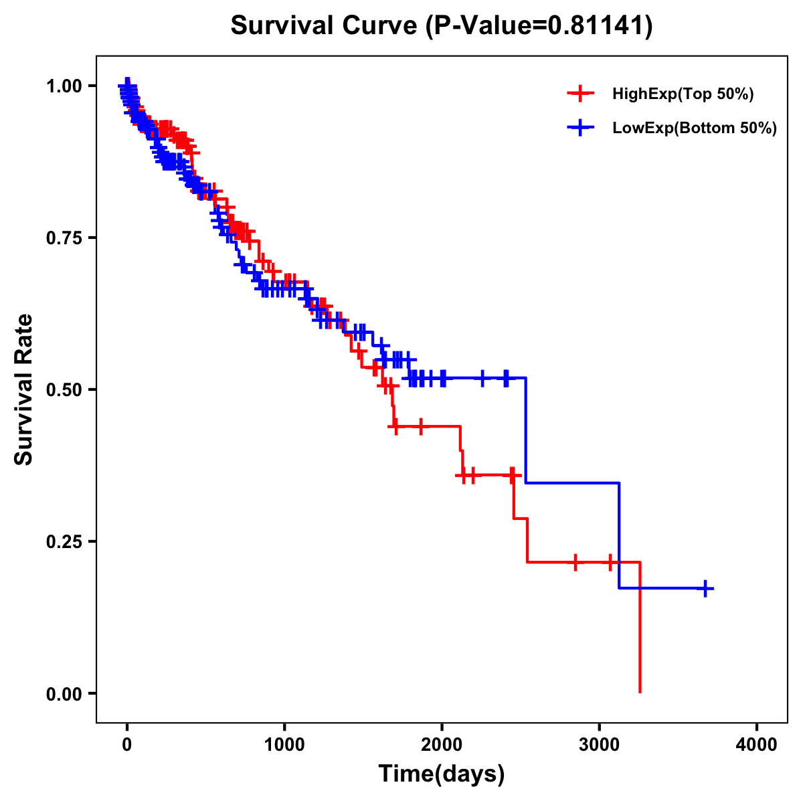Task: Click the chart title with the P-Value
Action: coord(441,25)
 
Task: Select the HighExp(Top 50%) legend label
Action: coord(683,94)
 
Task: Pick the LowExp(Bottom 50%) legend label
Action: coord(695,128)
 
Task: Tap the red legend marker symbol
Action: coord(580,94)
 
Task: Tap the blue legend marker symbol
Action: coord(580,127)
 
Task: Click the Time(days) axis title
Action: coord(442,774)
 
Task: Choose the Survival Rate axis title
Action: coord(25,389)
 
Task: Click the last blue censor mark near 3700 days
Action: coord(705,588)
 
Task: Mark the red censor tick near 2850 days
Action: coord(575,562)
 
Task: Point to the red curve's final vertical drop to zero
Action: coord(640,629)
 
